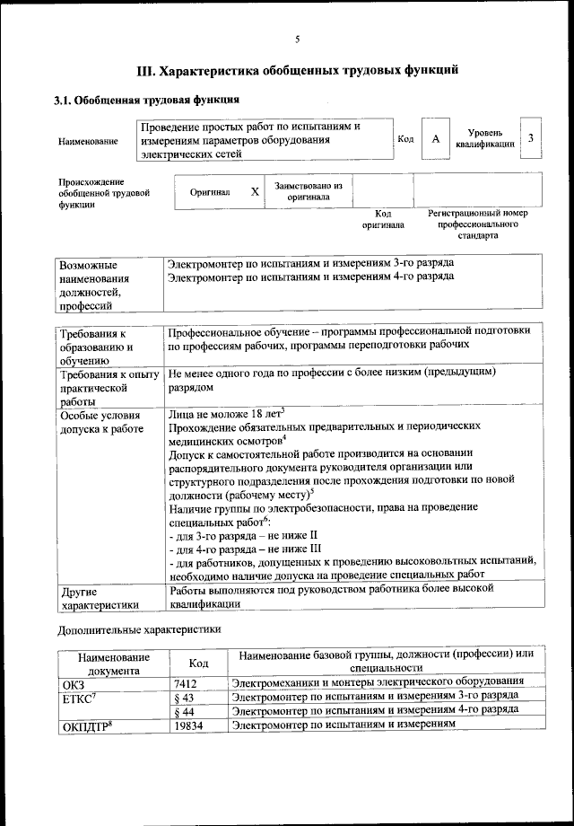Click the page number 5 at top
297,39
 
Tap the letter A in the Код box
435,139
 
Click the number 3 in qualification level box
531,137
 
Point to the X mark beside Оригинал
255,192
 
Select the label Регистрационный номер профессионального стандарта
478,224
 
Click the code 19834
190,725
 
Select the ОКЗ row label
73,683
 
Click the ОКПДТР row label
85,725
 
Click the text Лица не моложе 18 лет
226,414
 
